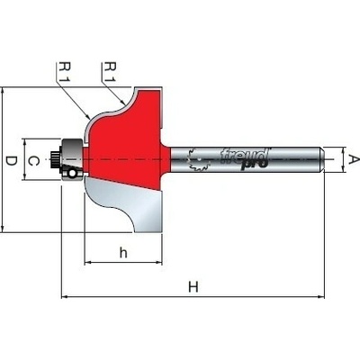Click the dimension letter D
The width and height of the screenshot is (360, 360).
click(x=12, y=162)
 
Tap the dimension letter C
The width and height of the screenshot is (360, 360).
click(x=33, y=161)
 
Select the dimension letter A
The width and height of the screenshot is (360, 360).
click(x=354, y=159)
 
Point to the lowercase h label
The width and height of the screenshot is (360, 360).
click(x=123, y=253)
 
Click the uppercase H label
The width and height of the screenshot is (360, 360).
click(x=193, y=287)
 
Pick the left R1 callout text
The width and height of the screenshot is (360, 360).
click(x=64, y=72)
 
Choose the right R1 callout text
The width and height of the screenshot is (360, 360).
click(x=110, y=72)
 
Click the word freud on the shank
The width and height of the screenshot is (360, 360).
click(x=244, y=156)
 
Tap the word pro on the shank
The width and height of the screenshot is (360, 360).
click(x=254, y=165)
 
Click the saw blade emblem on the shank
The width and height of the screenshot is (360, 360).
click(x=198, y=160)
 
